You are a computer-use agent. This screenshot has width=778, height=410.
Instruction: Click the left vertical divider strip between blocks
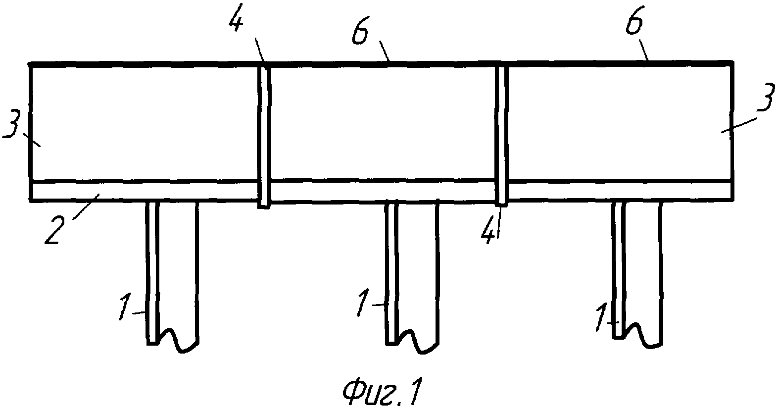click(265, 134)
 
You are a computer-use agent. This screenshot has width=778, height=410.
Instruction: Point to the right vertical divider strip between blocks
click(502, 134)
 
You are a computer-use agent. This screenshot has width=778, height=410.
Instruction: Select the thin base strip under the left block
click(144, 191)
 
